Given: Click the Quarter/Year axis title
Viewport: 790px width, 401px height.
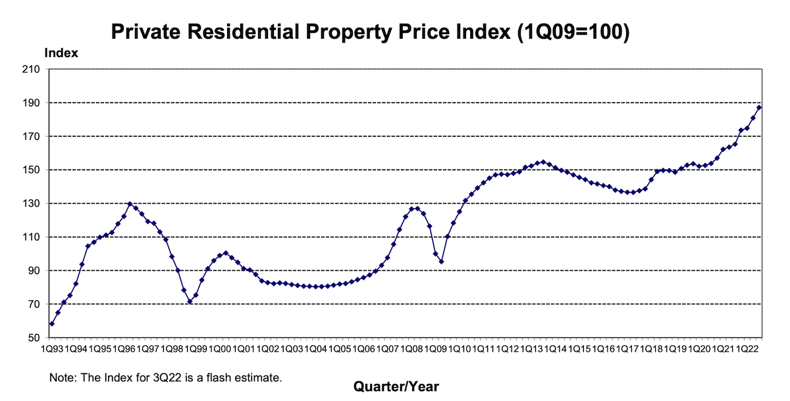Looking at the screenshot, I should pyautogui.click(x=396, y=387).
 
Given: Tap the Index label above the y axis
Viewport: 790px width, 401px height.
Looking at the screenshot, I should pyautogui.click(x=61, y=53).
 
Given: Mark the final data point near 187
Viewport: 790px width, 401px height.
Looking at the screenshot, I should pyautogui.click(x=759, y=107).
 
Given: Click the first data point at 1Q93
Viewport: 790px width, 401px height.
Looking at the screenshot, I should pyautogui.click(x=51, y=323).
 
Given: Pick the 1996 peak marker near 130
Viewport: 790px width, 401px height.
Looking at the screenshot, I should pyautogui.click(x=130, y=204).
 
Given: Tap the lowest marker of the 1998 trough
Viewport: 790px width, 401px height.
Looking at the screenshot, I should pyautogui.click(x=190, y=302).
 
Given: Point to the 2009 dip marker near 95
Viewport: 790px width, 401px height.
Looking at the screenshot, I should pyautogui.click(x=441, y=262).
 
